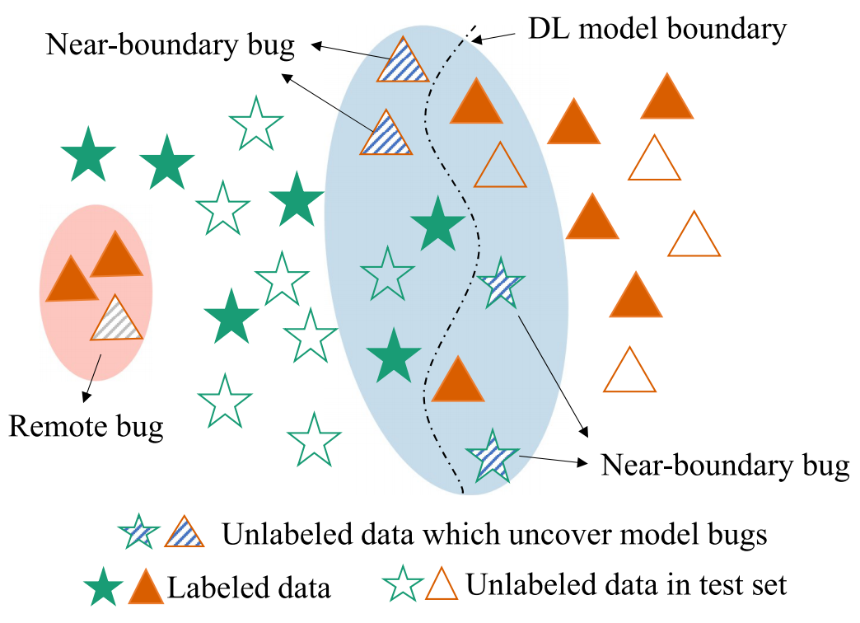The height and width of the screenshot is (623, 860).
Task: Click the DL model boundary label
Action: click(657, 30)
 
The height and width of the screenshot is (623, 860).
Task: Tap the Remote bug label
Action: click(86, 426)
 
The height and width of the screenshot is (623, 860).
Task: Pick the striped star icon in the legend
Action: click(138, 535)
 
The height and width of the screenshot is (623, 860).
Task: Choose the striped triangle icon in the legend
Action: click(185, 533)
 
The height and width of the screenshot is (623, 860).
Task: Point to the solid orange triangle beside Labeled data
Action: click(145, 586)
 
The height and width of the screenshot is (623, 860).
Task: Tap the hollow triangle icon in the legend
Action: click(442, 584)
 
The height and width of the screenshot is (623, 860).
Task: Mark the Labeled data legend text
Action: click(249, 588)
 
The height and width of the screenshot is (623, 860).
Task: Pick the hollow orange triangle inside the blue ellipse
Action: click(499, 166)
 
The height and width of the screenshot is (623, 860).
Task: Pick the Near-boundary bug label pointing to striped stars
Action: click(725, 466)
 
